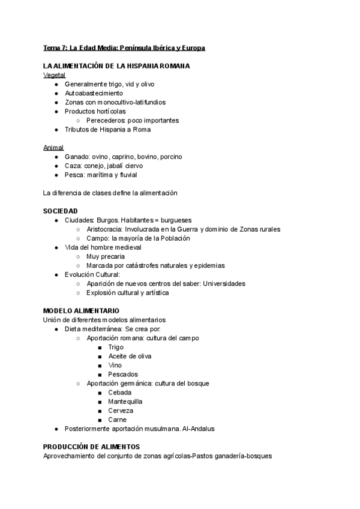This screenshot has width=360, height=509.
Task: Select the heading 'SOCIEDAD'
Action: [61, 211]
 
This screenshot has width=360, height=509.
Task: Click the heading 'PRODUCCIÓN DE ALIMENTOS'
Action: [92, 447]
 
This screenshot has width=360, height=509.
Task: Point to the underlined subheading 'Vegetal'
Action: [55, 75]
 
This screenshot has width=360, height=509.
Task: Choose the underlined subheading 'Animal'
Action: [54, 148]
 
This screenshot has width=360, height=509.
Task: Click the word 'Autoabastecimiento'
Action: [94, 93]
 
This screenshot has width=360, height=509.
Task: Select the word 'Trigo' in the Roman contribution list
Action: [116, 347]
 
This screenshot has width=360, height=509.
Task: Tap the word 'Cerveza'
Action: [121, 411]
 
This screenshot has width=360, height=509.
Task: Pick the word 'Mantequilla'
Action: [126, 402]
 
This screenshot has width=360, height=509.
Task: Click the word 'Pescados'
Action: [123, 374]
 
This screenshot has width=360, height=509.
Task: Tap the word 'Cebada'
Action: [120, 393]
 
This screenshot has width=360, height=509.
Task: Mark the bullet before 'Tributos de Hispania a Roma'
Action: [56, 130]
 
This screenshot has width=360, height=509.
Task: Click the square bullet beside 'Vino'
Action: [100, 366]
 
